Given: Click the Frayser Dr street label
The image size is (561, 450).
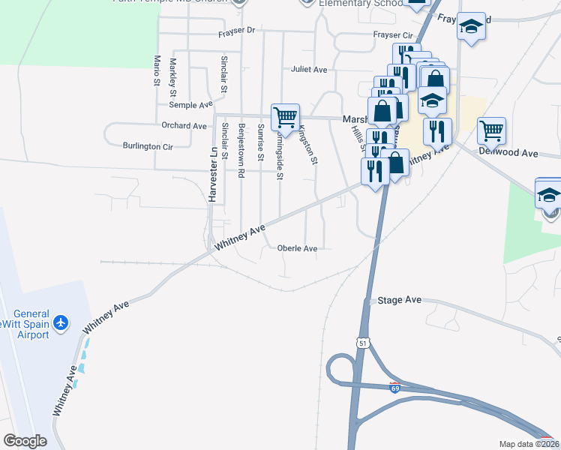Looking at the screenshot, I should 237,31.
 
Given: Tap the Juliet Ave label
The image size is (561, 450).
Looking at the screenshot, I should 309,70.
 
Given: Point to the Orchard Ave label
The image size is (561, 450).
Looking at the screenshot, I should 184,126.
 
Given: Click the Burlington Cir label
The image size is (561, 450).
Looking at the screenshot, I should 148,147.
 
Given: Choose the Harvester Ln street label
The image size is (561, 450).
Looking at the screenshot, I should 213,175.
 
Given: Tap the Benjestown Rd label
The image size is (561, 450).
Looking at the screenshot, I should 241,150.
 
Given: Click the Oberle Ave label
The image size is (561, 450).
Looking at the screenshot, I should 297,248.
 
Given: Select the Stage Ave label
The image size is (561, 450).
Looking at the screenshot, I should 400,300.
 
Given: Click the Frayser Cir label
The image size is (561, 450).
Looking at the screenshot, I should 393,35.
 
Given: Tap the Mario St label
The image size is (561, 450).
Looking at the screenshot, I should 157,69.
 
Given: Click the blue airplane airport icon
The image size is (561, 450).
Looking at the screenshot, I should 61,323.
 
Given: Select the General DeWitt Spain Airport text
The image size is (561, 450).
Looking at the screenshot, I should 31,324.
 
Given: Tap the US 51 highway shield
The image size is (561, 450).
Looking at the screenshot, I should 364,342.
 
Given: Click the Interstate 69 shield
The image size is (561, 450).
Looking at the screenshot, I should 394,387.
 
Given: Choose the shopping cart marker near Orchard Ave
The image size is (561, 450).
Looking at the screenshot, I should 285,117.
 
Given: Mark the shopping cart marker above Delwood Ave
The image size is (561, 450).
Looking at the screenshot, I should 491,130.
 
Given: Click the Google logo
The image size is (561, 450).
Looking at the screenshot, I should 25,441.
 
